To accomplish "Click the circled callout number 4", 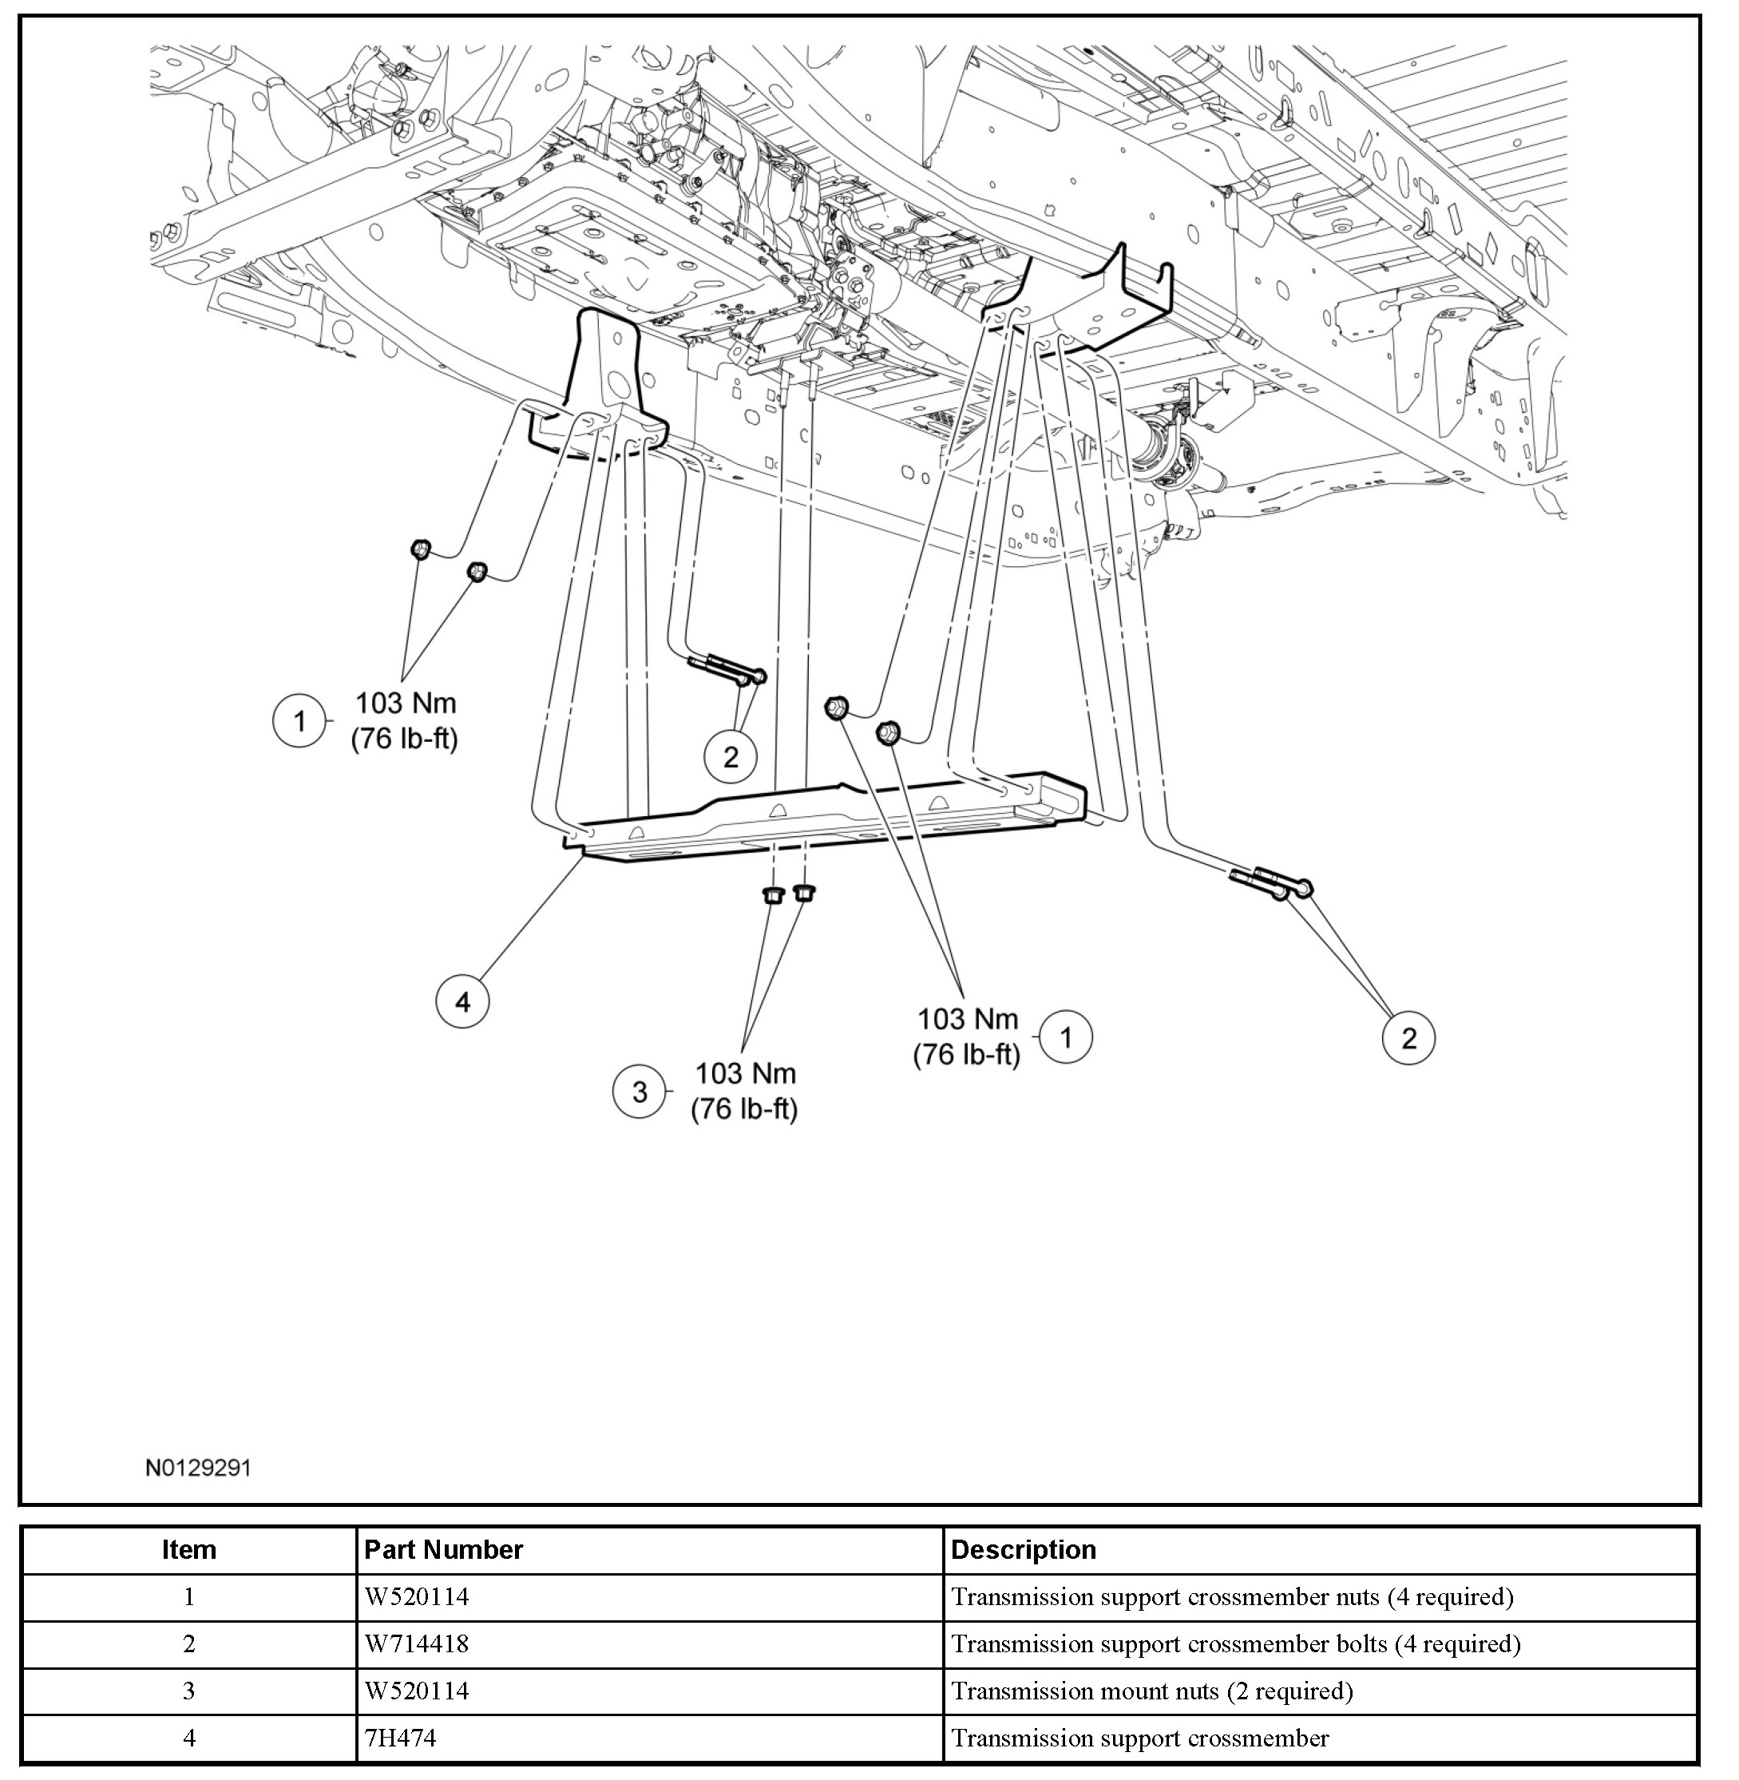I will point(462,1002).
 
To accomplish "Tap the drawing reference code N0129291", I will point(198,1468).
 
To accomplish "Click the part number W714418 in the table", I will point(417,1644).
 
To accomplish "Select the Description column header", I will point(1023,1550).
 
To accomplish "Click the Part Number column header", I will point(443,1550).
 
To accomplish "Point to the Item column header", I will point(189,1550).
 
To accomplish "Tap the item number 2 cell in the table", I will point(189,1644).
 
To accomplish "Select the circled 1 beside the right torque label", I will point(1066,1037).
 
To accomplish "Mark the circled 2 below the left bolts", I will point(730,756).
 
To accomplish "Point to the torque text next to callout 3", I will point(744,1092).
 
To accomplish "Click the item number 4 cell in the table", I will point(189,1738).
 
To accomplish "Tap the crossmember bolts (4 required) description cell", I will point(1236,1644).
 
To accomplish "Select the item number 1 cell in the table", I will point(189,1596).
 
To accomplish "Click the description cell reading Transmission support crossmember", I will point(1140,1738).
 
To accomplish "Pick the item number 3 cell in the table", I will point(189,1691).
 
